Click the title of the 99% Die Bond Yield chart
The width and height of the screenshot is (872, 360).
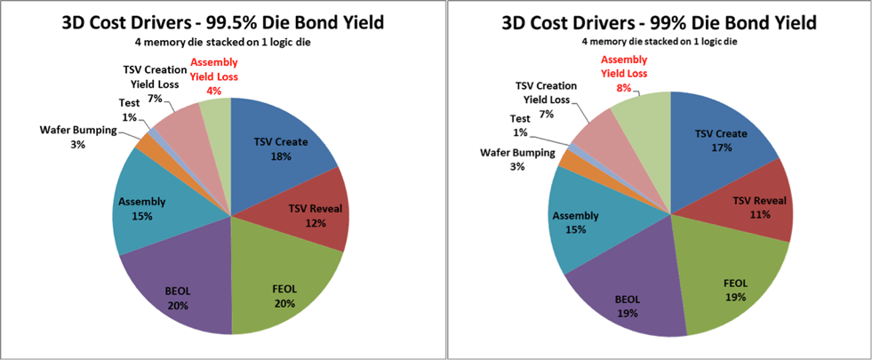659,21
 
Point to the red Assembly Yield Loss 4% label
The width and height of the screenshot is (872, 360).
212,76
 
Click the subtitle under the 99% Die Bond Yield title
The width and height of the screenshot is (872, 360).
658,41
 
